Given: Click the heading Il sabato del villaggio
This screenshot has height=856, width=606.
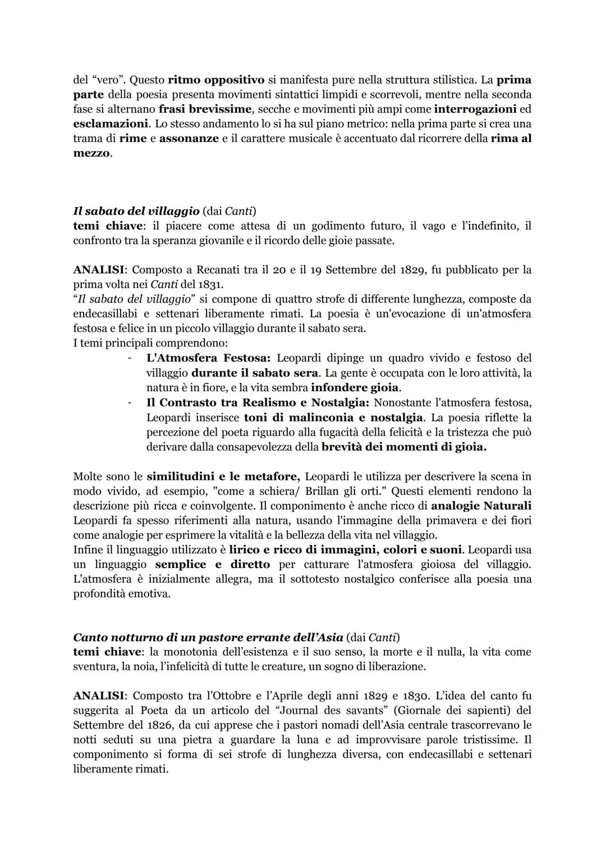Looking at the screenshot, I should (136, 211).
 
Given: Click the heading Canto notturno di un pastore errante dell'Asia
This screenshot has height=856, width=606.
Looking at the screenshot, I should (208, 637).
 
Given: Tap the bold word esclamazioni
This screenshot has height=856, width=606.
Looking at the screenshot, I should (107, 123).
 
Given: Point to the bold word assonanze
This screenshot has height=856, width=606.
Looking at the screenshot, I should (189, 138).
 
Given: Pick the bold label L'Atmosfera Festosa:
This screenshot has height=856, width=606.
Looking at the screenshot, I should (208, 358).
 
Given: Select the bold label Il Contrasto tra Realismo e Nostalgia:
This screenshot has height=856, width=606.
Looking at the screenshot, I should (258, 402).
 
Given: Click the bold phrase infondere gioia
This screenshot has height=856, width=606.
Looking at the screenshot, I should (355, 387).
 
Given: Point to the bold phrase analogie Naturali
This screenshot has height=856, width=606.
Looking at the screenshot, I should (481, 505).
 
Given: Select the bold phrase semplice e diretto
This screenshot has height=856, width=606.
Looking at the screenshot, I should (212, 564).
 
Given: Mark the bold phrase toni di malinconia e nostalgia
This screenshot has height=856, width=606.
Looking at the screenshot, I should (333, 417).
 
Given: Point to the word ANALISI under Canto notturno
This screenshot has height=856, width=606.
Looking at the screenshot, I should (98, 696).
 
